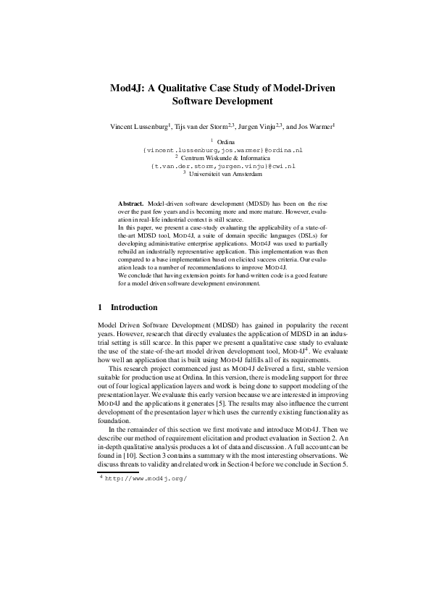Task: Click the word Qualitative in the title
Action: (x=192, y=87)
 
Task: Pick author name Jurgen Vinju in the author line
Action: (x=256, y=127)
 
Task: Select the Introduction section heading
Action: (x=133, y=307)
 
